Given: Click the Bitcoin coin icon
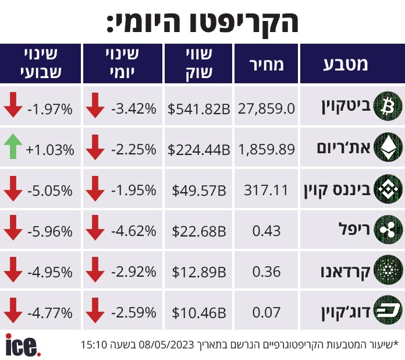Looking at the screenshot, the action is pos(388,107).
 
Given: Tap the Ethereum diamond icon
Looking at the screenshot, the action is pos(388,147).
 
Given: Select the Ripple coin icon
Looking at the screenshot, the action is pos(388,230).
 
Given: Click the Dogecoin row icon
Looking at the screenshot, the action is pos(388,310).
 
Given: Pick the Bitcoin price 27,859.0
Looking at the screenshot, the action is pos(267,108).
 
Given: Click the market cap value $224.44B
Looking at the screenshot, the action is pos(198,150).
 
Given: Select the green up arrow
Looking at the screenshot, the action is pos(13,146).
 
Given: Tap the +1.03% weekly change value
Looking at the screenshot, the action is pos(50,150).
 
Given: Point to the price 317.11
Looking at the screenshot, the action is pos(266,190).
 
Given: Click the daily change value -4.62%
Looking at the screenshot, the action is pos(134,231).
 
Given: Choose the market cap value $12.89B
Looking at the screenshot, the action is pos(199,272).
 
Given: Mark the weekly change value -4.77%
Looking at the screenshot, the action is pos(50,313).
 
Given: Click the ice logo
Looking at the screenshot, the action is pos(23,345).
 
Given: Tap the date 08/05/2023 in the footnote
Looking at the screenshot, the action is pos(166,345).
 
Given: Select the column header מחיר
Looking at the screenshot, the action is pos(267,64).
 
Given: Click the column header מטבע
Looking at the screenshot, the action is pos(346,64).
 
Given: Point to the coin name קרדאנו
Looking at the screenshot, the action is pos(345,272).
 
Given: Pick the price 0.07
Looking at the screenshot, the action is pos(267,313).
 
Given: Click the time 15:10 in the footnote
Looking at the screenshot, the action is pos(94,345).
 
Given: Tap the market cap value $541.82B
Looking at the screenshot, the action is pos(198,108).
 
